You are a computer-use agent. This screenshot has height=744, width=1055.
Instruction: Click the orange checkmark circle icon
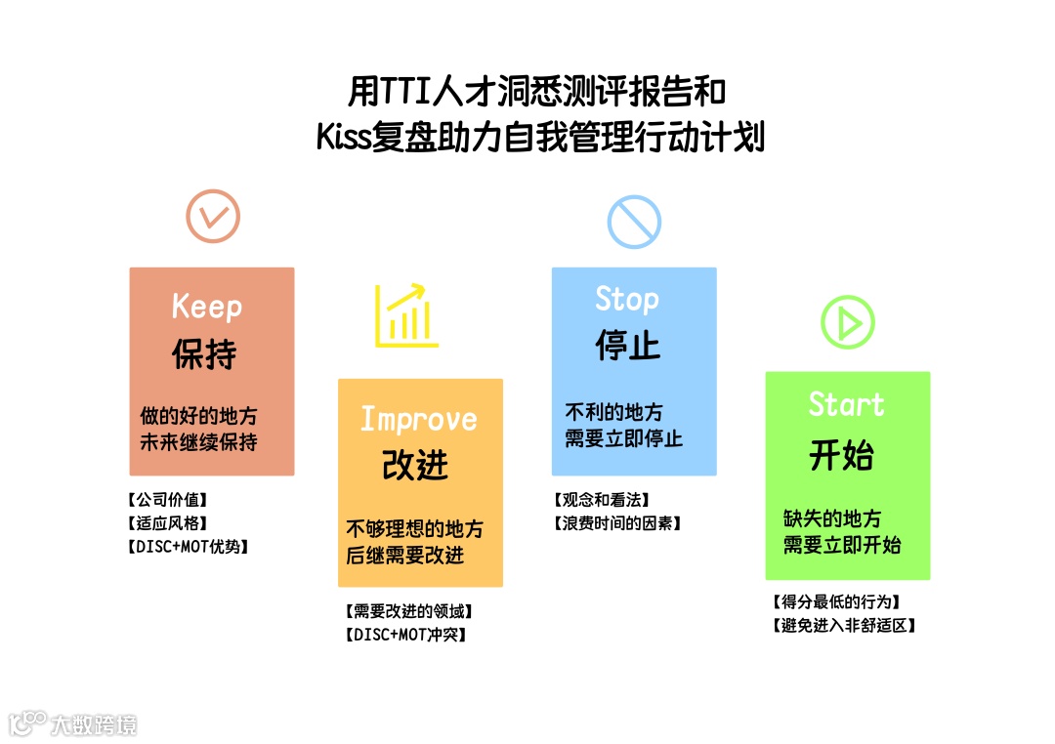tap(213, 216)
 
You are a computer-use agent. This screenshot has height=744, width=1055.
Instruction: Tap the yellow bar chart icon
tap(406, 316)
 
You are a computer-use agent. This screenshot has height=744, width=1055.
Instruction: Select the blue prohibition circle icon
tap(634, 221)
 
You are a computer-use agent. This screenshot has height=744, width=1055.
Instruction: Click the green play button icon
tap(847, 322)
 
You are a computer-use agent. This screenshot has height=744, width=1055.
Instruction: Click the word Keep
tap(206, 307)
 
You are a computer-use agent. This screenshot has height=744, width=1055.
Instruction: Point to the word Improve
tap(419, 419)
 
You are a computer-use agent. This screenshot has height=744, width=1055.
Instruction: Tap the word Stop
tap(627, 299)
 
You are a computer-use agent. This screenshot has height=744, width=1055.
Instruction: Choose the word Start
tap(846, 404)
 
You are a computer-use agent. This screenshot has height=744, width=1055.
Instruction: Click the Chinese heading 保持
tap(204, 353)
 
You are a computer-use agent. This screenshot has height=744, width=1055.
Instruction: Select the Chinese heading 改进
tap(415, 465)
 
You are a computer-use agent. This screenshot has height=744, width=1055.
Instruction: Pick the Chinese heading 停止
tap(627, 346)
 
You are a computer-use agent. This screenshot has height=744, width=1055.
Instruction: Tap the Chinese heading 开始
tap(841, 455)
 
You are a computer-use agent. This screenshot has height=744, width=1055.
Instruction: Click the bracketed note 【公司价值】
tap(168, 500)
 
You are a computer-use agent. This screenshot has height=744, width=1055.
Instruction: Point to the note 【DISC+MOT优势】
tap(189, 547)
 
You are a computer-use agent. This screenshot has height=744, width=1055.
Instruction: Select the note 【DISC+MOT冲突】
tap(405, 635)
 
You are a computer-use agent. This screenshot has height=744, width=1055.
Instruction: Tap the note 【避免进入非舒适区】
tap(843, 625)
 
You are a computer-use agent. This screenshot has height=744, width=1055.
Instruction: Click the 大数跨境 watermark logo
tap(72, 723)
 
